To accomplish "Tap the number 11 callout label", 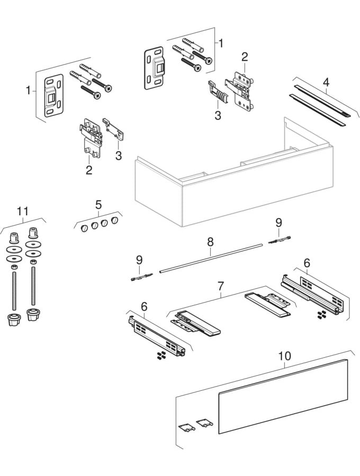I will tap(22, 212).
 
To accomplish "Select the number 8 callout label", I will tap(210, 242).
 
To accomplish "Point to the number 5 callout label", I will tap(98, 204).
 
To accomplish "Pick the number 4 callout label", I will tap(326, 82).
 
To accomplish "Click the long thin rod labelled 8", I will tap(212, 258).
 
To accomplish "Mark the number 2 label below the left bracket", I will tap(89, 170).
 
